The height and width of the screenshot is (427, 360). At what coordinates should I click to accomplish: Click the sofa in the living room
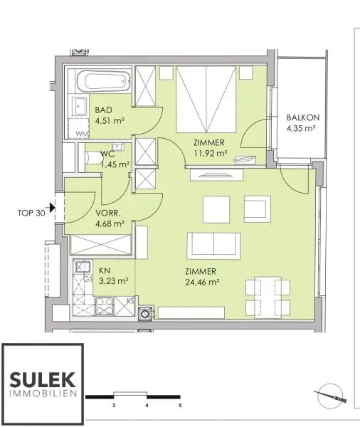(x=213, y=246)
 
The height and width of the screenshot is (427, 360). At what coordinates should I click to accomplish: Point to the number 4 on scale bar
(x=147, y=405)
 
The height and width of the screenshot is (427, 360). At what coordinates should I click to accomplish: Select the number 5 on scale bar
(x=180, y=405)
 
